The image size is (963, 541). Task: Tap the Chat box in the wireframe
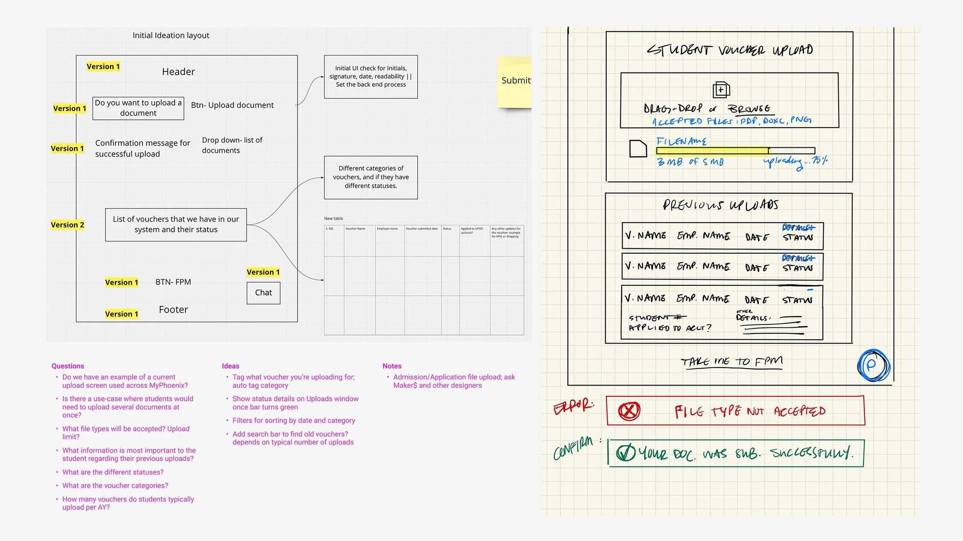pyautogui.click(x=263, y=293)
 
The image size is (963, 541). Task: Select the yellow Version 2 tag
pyautogui.click(x=67, y=225)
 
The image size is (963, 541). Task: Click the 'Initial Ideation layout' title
pyautogui.click(x=171, y=35)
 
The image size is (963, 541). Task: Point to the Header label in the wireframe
pyautogui.click(x=178, y=72)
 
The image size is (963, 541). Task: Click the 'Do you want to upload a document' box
pyautogui.click(x=138, y=108)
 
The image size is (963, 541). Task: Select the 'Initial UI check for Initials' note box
pyautogui.click(x=371, y=77)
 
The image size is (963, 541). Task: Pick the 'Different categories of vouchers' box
pyautogui.click(x=371, y=177)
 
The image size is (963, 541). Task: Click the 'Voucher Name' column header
pyautogui.click(x=355, y=229)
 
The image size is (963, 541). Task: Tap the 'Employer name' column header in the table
pyautogui.click(x=387, y=229)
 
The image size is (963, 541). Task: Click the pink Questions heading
pyautogui.click(x=68, y=366)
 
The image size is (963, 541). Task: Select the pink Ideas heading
pyautogui.click(x=230, y=366)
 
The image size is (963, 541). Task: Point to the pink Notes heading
pyautogui.click(x=392, y=366)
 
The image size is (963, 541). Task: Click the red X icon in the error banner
pyautogui.click(x=629, y=411)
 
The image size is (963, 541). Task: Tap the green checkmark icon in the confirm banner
pyautogui.click(x=626, y=453)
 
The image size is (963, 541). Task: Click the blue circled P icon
pyautogui.click(x=873, y=365)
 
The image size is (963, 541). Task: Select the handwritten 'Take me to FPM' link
pyautogui.click(x=731, y=362)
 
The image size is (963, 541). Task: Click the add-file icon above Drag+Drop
pyautogui.click(x=721, y=90)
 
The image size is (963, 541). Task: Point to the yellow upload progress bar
pyautogui.click(x=713, y=151)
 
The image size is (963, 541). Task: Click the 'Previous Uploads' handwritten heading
pyautogui.click(x=720, y=205)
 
